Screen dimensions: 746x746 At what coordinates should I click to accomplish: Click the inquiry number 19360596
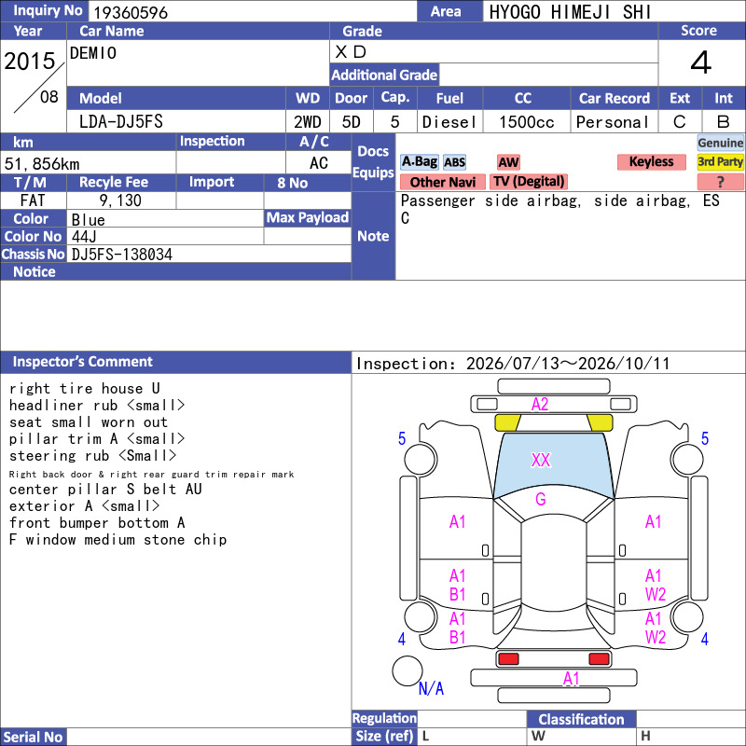coord(131,12)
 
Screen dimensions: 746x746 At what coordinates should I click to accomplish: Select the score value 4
coord(701,62)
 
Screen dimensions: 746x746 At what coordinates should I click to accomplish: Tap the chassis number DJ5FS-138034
coord(122,255)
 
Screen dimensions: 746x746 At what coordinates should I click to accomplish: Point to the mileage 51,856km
coord(42,164)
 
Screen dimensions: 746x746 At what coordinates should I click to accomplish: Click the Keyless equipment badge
coord(651,161)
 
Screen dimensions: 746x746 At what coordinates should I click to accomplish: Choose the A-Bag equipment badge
coord(419,161)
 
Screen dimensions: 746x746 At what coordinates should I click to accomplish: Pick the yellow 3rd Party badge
coord(720,161)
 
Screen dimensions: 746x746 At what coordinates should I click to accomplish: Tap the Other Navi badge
coord(442,182)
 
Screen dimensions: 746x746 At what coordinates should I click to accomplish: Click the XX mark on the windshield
coord(541,460)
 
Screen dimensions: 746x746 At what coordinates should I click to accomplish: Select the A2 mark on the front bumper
coord(540,405)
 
